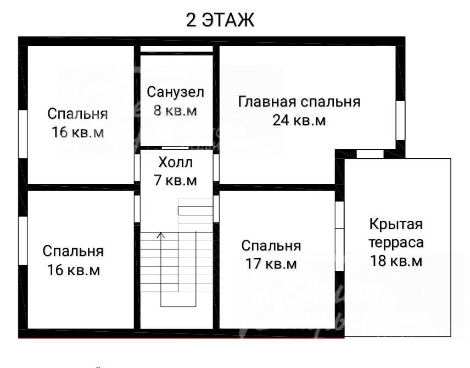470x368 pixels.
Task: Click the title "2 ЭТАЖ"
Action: tap(220, 20)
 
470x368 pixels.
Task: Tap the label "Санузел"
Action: tap(175, 92)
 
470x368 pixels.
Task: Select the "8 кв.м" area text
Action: tap(175, 110)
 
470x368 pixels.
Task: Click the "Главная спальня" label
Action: tap(299, 102)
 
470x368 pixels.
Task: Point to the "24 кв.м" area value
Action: tap(299, 120)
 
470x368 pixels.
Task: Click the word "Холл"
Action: tap(175, 162)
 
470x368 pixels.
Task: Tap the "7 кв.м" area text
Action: tap(175, 180)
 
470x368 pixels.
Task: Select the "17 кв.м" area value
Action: tap(271, 264)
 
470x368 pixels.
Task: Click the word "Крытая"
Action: tap(396, 224)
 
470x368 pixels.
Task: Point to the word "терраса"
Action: tap(396, 242)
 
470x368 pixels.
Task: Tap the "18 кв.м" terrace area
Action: tap(396, 261)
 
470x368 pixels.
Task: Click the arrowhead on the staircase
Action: tap(161, 235)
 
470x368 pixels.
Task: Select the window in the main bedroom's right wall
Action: tap(400, 120)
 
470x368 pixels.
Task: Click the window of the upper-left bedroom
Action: tap(23, 134)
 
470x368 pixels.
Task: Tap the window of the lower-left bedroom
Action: tap(23, 241)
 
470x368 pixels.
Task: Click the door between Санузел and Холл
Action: tap(175, 148)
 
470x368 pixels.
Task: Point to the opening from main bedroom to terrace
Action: tap(370, 154)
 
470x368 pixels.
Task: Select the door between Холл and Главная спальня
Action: tap(216, 168)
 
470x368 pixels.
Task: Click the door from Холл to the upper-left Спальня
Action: tap(137, 168)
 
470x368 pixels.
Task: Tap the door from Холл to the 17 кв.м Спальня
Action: tap(216, 209)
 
